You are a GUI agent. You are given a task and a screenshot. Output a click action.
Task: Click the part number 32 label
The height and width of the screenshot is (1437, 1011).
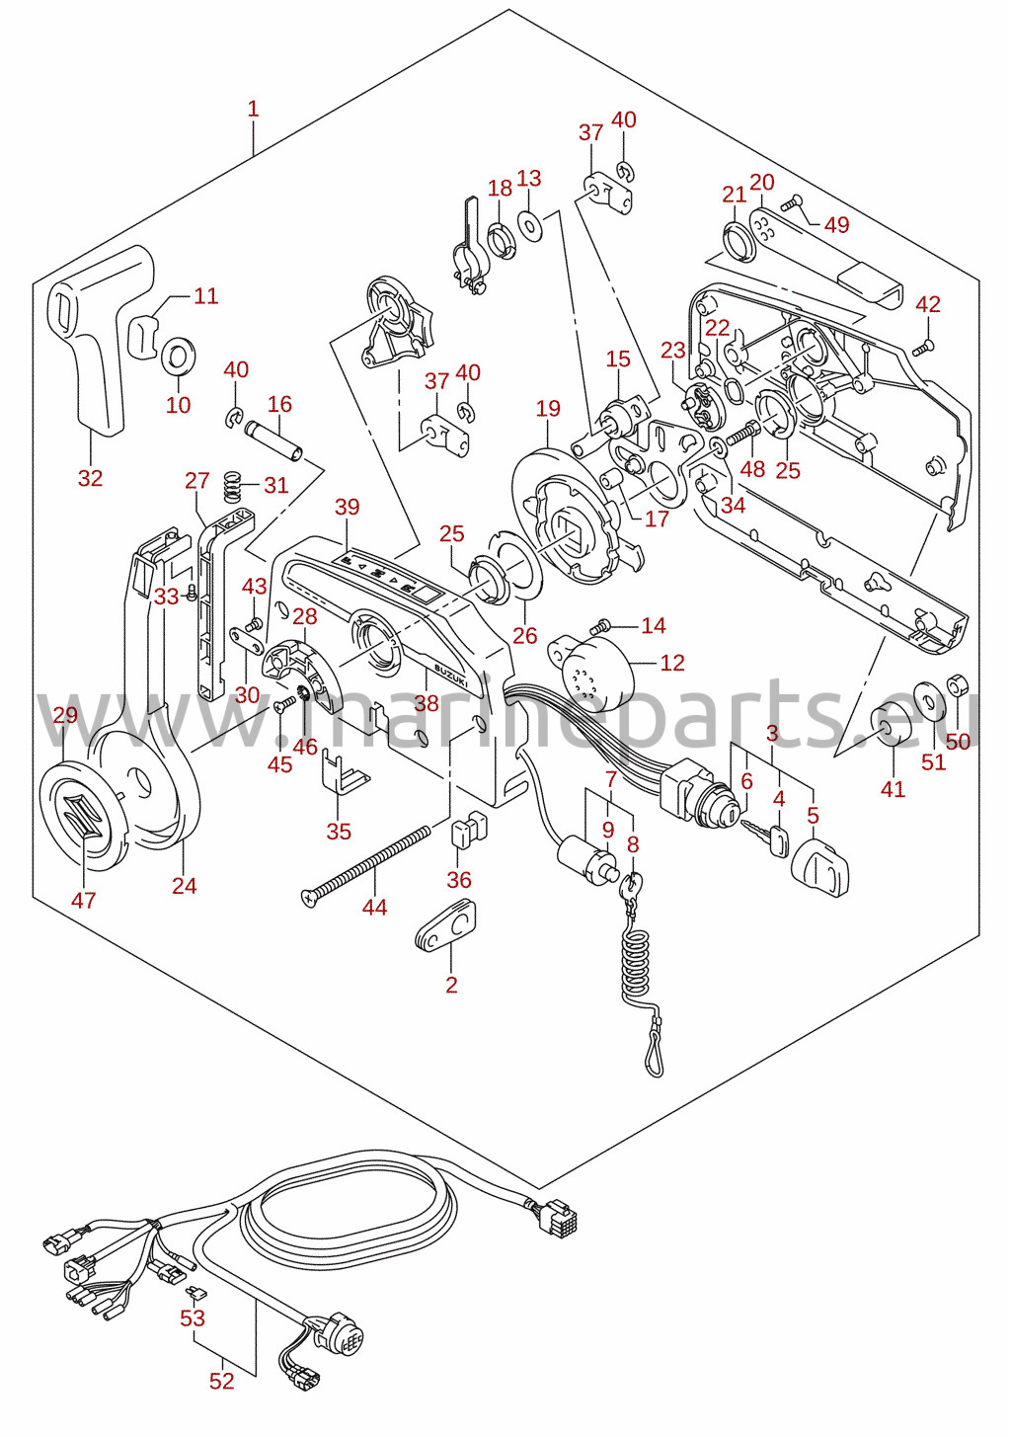point(91,478)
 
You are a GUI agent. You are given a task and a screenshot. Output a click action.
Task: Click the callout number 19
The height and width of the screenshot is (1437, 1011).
point(548,409)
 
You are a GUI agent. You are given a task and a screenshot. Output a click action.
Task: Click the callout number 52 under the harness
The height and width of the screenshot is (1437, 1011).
point(222,1380)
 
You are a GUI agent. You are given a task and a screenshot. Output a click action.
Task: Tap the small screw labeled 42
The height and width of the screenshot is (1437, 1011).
point(923,347)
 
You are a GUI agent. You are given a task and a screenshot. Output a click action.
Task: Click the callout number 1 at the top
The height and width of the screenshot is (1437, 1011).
point(253,109)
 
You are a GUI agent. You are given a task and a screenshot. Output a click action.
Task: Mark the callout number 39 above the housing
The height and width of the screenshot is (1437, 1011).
point(348,507)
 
